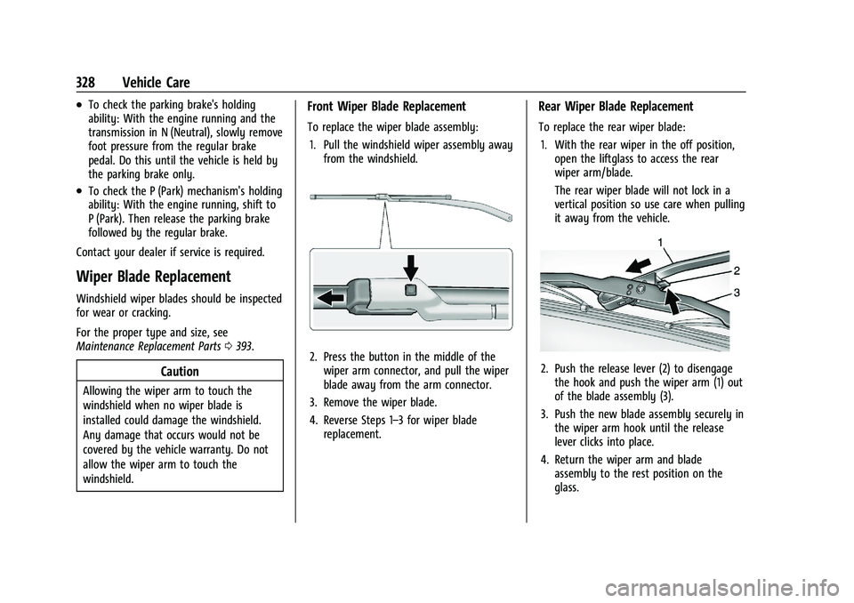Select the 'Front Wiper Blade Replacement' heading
pyautogui.click(x=386, y=106)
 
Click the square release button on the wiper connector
pyautogui.click(x=410, y=290)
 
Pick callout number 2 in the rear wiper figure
pyautogui.click(x=737, y=269)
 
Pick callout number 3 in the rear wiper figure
pyautogui.click(x=737, y=292)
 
